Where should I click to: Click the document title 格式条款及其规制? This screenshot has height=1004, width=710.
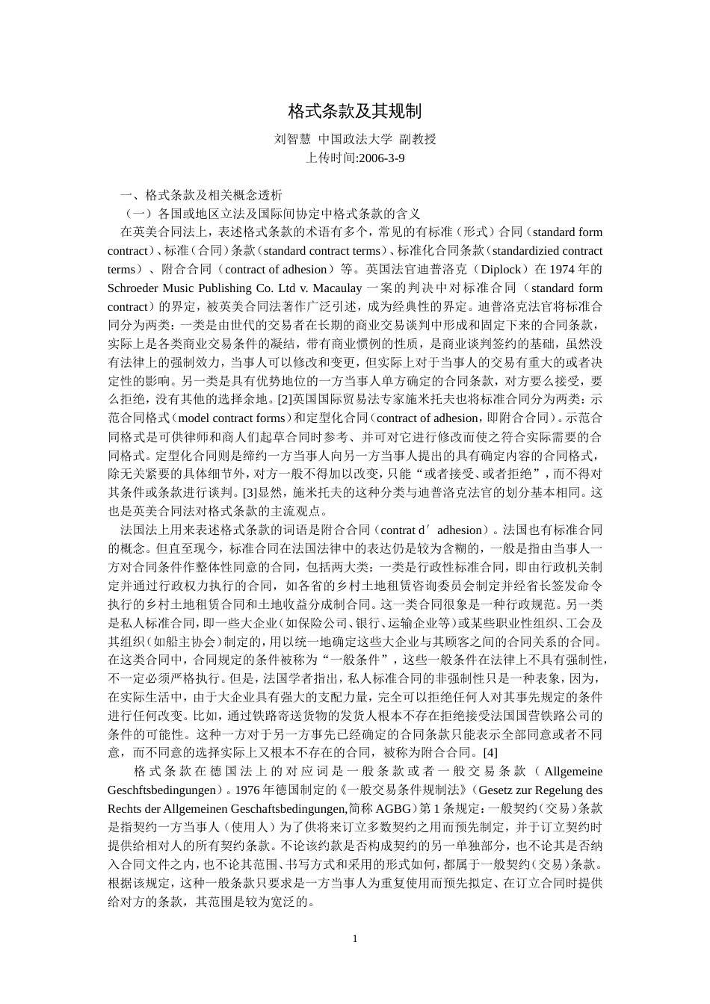355,112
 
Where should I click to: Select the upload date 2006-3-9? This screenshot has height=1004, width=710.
381,158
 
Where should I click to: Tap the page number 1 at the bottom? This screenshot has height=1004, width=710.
355,938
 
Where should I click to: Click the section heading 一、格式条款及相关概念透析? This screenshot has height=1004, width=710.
202,195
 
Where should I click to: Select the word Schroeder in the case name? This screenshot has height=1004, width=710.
136,288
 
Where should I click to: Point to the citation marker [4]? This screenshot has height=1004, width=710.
490,752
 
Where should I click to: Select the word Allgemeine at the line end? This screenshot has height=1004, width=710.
573,771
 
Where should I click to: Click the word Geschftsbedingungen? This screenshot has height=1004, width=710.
162,790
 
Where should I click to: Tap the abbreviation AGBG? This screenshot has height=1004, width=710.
389,808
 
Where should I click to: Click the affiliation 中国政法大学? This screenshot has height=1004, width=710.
355,139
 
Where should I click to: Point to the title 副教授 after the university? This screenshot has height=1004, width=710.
418,139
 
